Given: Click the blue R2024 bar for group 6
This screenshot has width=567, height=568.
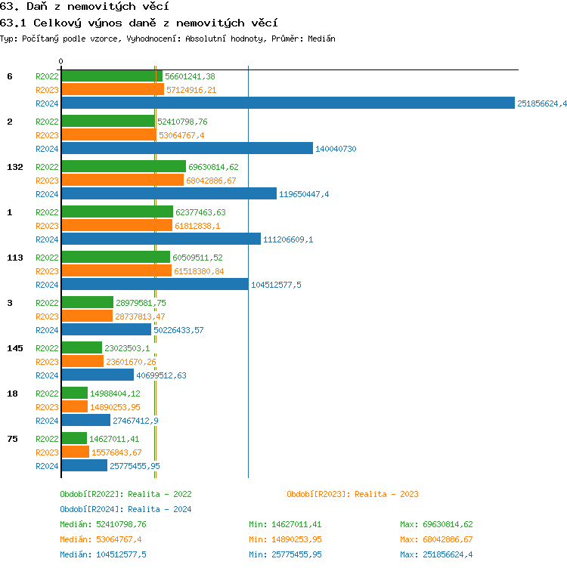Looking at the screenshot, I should (287, 103).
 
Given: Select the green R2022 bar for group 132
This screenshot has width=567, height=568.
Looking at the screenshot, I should (123, 166).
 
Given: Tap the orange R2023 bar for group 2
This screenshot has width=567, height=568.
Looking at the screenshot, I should (108, 134).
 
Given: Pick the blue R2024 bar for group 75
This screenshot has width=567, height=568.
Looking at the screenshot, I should (84, 465).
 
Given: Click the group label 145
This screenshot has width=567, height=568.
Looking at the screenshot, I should (14, 348).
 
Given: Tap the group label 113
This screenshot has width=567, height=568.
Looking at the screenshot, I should (14, 258).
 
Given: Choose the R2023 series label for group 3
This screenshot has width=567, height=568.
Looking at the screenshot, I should (47, 316).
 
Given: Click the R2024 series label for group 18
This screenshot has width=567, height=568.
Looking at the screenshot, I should (47, 421).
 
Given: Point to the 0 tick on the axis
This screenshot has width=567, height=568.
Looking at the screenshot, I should (61, 61).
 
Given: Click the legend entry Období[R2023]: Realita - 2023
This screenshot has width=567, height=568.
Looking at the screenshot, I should (352, 494).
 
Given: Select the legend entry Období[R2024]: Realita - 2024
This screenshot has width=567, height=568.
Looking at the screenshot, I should (125, 509).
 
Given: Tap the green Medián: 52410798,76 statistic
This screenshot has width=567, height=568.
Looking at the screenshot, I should (103, 524).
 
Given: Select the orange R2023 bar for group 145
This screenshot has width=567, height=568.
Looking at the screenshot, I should (82, 361).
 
